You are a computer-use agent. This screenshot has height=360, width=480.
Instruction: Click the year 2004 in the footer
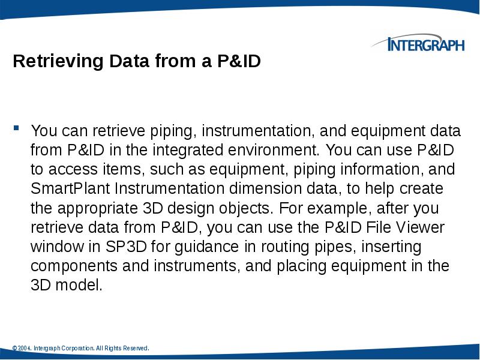pyautogui.click(x=25, y=348)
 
